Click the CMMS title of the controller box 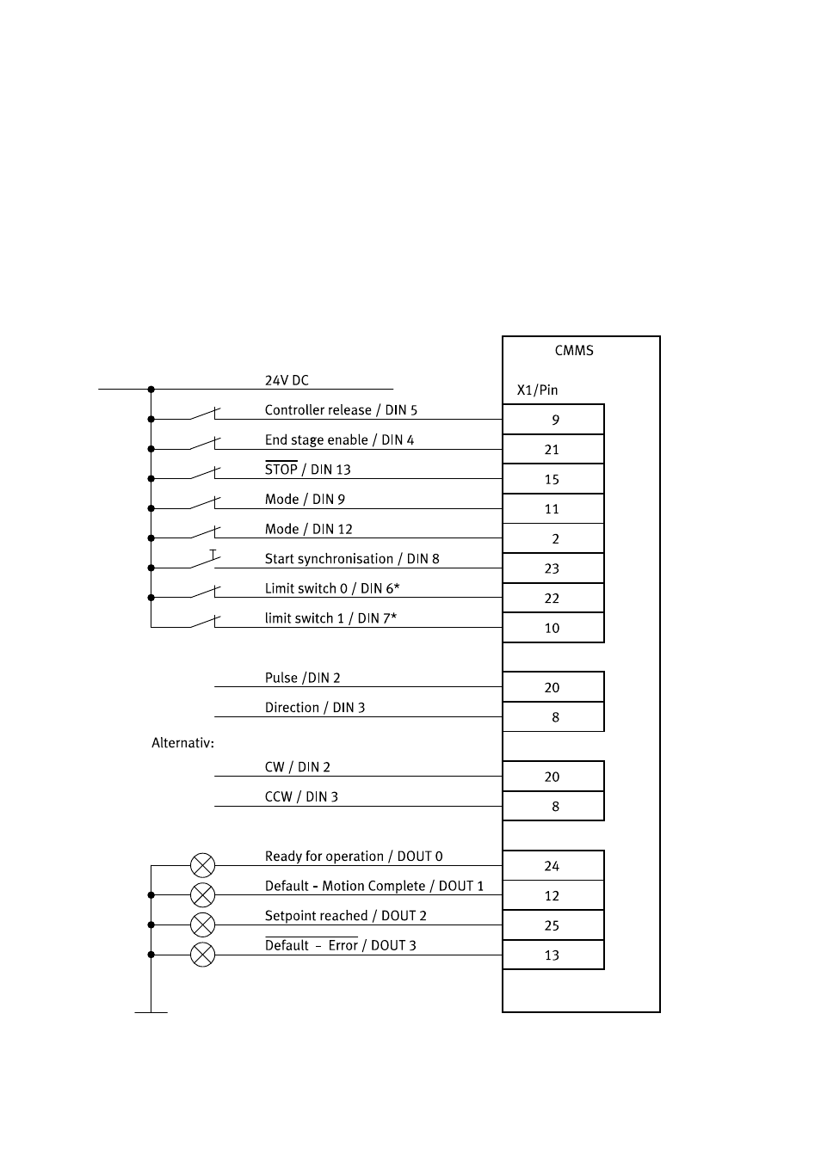(x=574, y=350)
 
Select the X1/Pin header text (x=537, y=390)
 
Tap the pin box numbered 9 (x=553, y=420)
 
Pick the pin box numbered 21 (x=553, y=449)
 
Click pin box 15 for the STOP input (x=553, y=479)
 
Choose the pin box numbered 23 (x=553, y=568)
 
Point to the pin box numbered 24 (x=553, y=865)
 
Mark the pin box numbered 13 (x=553, y=955)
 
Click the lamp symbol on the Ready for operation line (x=202, y=865)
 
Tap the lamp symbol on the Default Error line (x=202, y=955)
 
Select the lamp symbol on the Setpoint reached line (x=202, y=925)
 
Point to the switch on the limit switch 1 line (x=206, y=622)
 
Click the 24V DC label (x=287, y=380)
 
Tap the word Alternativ (x=182, y=743)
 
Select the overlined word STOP (x=281, y=469)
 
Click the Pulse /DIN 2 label (x=302, y=678)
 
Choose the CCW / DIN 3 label (x=301, y=796)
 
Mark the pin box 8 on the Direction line (x=553, y=717)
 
